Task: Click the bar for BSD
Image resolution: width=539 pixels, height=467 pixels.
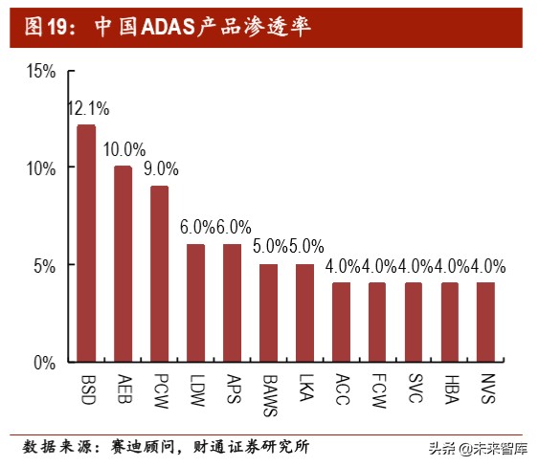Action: click(x=86, y=243)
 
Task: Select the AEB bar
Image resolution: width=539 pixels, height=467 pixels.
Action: click(x=123, y=263)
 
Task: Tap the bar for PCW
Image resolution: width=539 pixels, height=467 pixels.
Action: click(x=159, y=274)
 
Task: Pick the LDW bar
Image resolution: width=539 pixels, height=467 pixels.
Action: click(x=195, y=302)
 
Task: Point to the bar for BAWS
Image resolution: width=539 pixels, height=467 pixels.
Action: click(x=268, y=313)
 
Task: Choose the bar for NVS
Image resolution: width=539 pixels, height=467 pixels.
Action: click(x=485, y=322)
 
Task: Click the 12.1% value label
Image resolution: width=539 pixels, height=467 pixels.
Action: click(x=86, y=108)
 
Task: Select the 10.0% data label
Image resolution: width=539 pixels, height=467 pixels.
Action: click(x=124, y=149)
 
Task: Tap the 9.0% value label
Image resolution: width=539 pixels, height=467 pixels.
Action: click(x=160, y=168)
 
